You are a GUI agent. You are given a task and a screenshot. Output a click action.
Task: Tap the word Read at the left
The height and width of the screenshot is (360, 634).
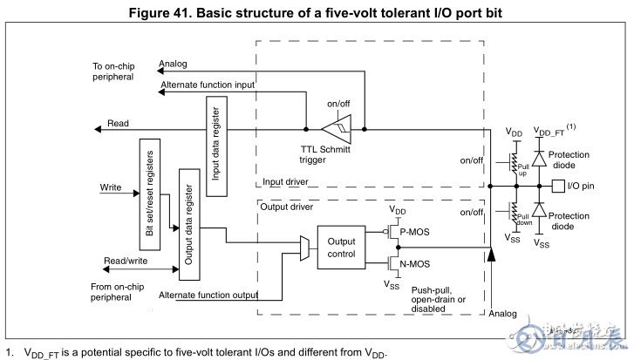tap(118, 124)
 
